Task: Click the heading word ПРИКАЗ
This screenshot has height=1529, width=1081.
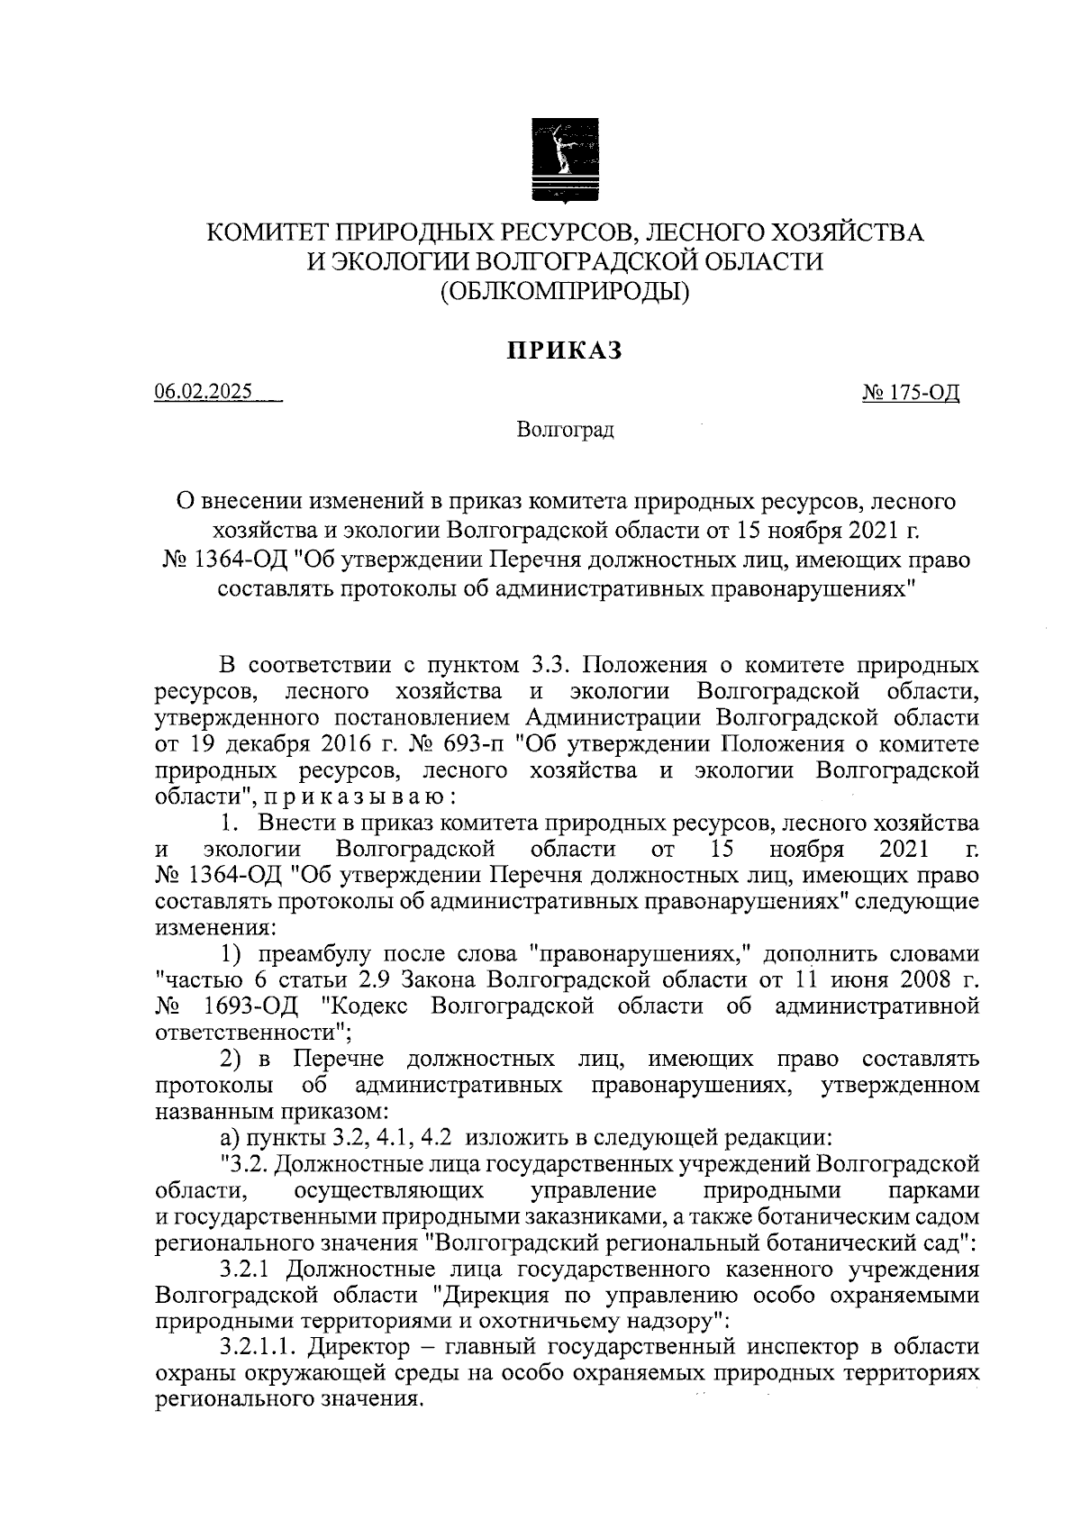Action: click(565, 350)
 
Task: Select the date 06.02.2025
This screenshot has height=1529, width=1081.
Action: click(204, 393)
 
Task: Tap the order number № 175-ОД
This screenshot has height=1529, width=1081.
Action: click(911, 393)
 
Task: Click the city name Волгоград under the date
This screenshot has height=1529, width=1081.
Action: click(565, 430)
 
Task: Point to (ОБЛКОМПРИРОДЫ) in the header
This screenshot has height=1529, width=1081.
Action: click(565, 290)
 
